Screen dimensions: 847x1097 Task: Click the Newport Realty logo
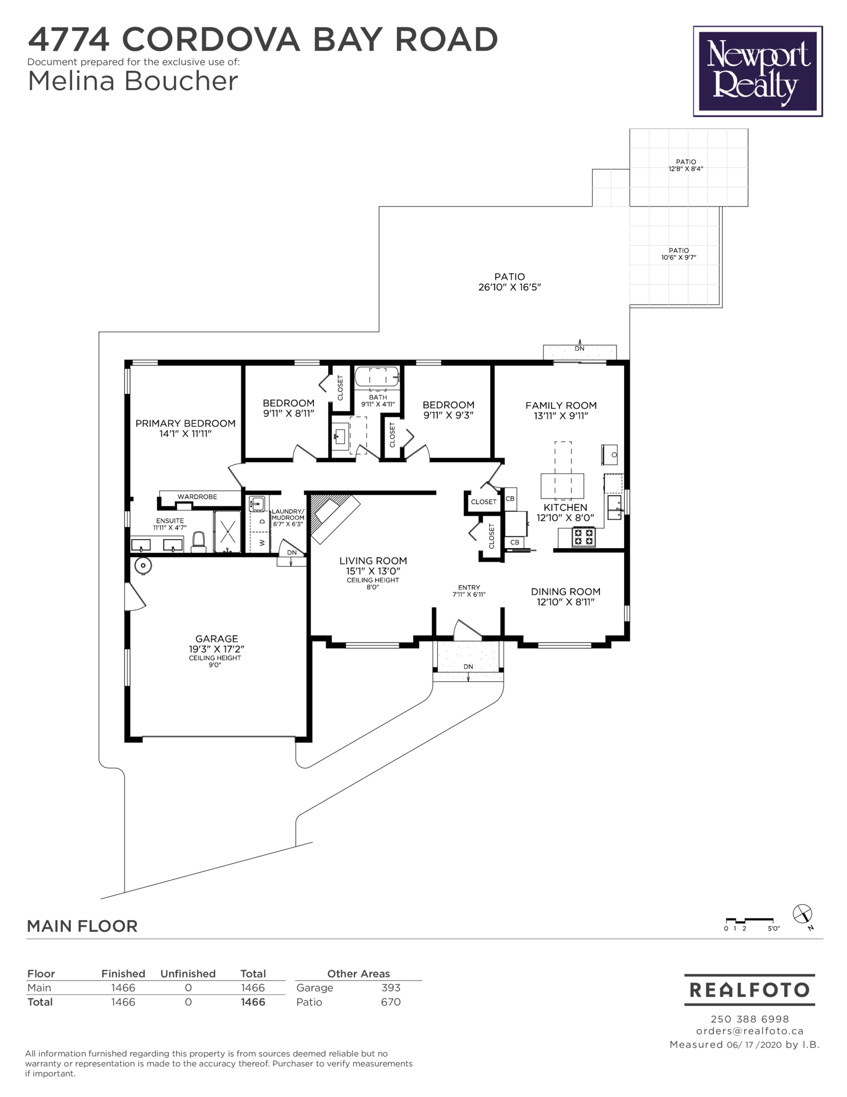point(758,72)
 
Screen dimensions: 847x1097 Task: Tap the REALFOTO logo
point(749,989)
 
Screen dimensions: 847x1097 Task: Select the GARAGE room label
point(217,639)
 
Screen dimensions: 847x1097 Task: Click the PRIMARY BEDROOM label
point(185,423)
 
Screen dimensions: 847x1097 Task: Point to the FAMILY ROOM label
point(561,405)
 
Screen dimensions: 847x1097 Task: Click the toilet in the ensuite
point(199,541)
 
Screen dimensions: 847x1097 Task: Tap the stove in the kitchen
point(583,537)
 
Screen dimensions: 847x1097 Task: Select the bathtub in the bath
point(377,377)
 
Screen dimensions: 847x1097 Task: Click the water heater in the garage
point(143,566)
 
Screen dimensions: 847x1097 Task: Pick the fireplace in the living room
point(334,516)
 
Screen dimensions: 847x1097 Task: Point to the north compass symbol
point(802,914)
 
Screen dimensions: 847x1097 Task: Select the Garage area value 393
point(391,987)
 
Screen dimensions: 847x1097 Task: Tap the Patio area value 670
point(391,1002)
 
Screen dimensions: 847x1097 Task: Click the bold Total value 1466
point(253,1002)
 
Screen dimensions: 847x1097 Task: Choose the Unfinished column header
point(188,974)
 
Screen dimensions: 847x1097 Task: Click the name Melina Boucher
point(133,82)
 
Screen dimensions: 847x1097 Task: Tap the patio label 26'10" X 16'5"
point(509,287)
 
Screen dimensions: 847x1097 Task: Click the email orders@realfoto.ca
point(750,1031)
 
